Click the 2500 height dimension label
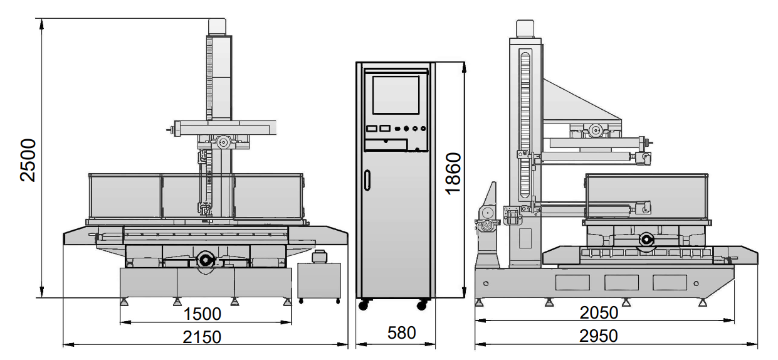click(x=28, y=160)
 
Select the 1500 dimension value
click(x=202, y=314)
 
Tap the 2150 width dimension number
click(x=202, y=337)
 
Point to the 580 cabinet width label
click(x=401, y=333)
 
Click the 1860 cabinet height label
click(x=453, y=174)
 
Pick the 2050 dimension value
click(x=599, y=313)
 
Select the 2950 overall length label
click(x=599, y=336)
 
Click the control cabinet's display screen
click(x=396, y=95)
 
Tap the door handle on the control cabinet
click(x=367, y=179)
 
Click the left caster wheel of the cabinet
click(x=364, y=305)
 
